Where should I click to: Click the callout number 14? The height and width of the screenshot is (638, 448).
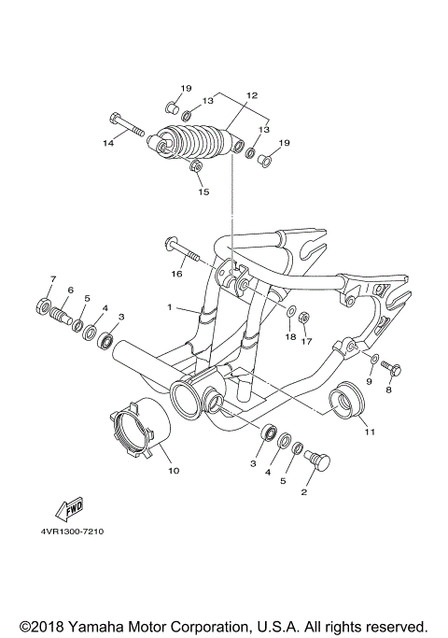click(108, 143)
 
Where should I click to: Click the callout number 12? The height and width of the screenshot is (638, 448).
click(251, 95)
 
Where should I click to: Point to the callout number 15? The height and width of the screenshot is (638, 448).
click(203, 192)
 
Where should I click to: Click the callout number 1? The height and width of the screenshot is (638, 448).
click(170, 307)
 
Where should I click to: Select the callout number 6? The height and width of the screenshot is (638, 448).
click(70, 291)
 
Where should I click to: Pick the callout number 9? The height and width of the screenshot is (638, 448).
click(369, 381)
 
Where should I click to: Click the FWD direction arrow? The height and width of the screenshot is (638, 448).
click(69, 510)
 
